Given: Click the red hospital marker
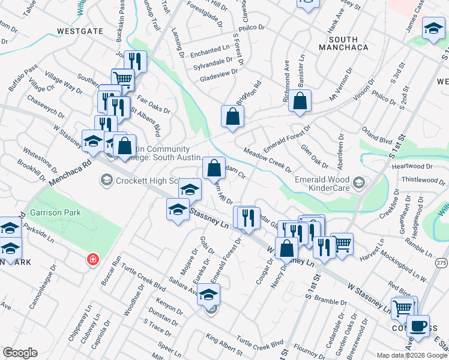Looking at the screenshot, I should point(92,260).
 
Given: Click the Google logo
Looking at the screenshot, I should point(20,353).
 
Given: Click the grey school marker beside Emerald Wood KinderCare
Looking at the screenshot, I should point(358,182).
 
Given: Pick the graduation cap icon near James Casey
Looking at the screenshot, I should point(433,28).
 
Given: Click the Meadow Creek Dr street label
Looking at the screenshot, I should point(267,160).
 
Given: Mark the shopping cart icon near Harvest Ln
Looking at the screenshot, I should point(342,243).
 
